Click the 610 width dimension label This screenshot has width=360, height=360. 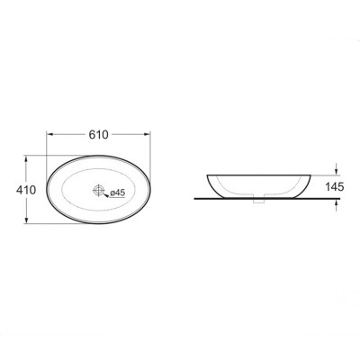(98, 135)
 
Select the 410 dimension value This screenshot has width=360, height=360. (26, 190)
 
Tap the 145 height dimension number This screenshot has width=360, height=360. (335, 187)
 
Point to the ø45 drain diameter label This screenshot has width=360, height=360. (117, 193)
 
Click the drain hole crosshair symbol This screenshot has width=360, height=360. (99, 190)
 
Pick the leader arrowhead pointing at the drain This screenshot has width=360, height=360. (105, 195)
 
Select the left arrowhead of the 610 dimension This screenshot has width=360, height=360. (49, 134)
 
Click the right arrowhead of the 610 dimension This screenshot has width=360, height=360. (147, 134)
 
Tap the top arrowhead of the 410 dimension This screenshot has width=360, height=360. (27, 159)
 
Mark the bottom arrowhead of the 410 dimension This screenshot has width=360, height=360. (27, 220)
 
